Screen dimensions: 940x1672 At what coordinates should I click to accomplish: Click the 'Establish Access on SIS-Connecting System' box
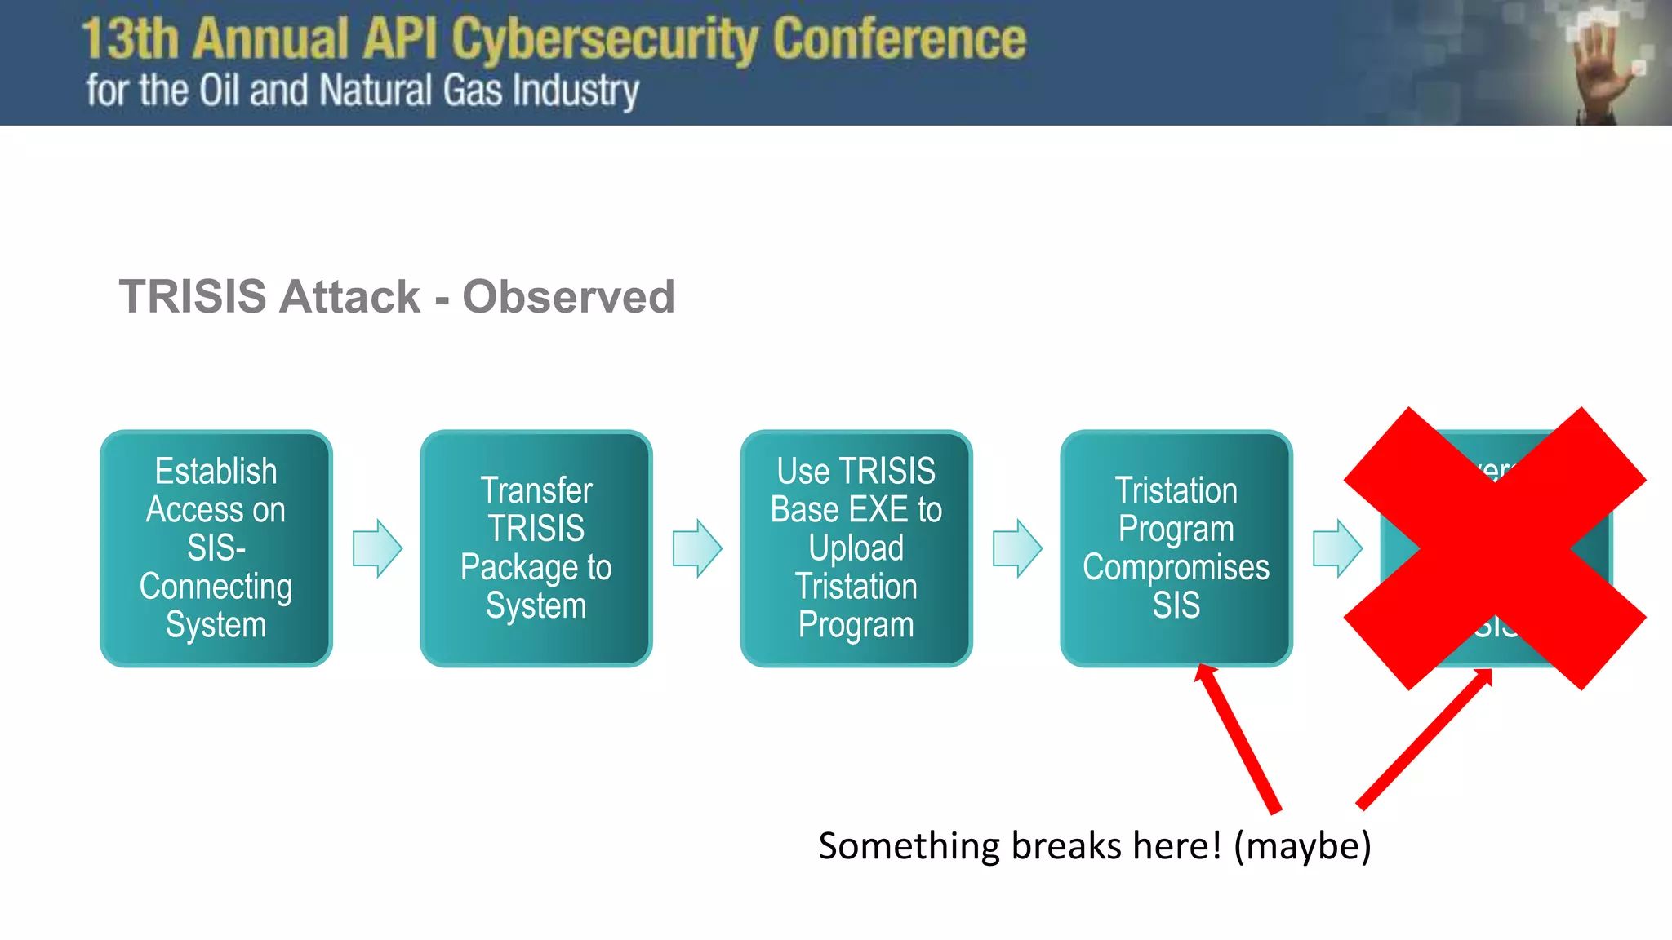pyautogui.click(x=216, y=548)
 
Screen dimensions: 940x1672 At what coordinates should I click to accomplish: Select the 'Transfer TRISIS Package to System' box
pyautogui.click(x=536, y=548)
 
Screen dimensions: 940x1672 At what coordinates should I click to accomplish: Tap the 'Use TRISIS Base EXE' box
pyautogui.click(x=856, y=548)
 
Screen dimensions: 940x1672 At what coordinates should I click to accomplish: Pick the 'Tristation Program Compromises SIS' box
pyautogui.click(x=1176, y=548)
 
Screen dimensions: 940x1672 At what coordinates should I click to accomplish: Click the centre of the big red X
pyautogui.click(x=1495, y=548)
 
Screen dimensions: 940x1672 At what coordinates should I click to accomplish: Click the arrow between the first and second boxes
pyautogui.click(x=377, y=548)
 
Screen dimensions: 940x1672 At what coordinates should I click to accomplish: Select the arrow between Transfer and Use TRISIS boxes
pyautogui.click(x=697, y=548)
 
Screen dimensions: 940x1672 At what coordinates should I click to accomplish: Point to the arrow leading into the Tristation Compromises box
pyautogui.click(x=1017, y=548)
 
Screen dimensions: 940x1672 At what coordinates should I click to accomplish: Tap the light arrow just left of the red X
pyautogui.click(x=1336, y=548)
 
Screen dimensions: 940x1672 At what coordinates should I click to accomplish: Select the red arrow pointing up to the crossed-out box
pyautogui.click(x=1425, y=738)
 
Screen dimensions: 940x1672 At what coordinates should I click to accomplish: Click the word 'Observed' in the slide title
pyautogui.click(x=568, y=296)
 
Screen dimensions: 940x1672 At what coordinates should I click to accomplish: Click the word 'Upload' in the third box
pyautogui.click(x=856, y=548)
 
